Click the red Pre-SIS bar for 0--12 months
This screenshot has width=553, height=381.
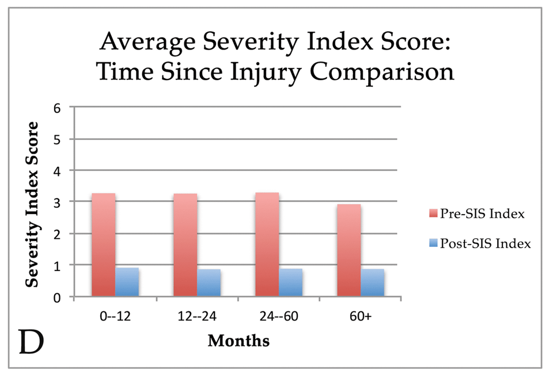tap(103, 245)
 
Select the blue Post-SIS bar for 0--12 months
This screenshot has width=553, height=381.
tap(127, 282)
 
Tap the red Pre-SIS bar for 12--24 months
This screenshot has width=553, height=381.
tap(185, 245)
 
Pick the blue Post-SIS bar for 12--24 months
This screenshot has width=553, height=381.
tap(209, 283)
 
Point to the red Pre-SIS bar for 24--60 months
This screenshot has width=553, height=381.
tap(267, 245)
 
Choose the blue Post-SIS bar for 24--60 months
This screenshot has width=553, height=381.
tap(290, 283)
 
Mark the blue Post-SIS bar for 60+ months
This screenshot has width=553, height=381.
tap(372, 283)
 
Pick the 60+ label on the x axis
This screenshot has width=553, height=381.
tap(361, 317)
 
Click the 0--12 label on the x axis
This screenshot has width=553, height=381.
tap(115, 317)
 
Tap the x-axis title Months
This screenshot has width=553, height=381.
tap(238, 341)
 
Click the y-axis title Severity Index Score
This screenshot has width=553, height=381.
tap(33, 204)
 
